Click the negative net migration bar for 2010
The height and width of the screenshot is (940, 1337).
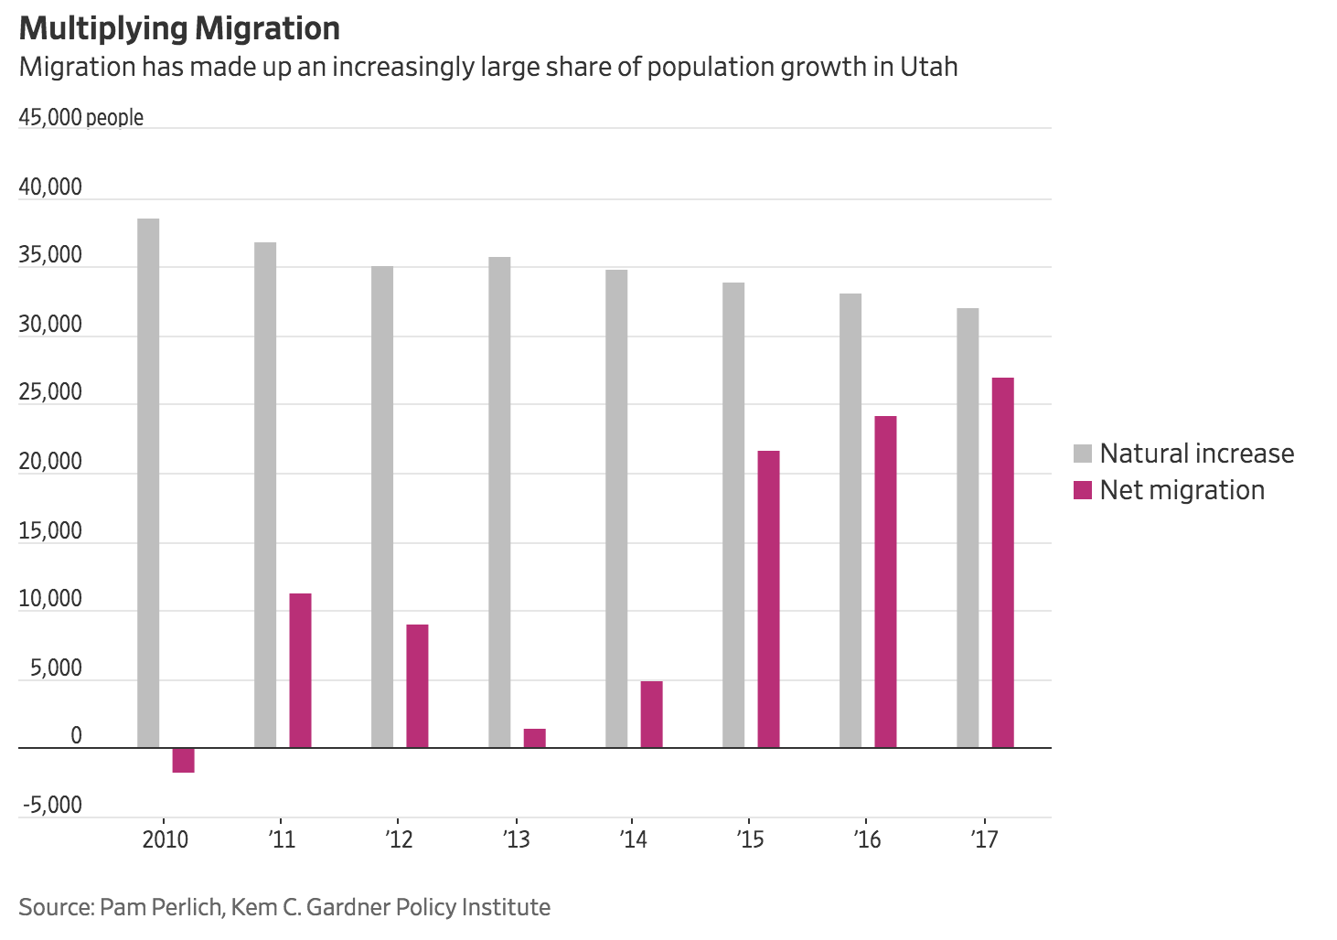point(183,760)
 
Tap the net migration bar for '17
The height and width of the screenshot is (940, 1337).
point(1002,562)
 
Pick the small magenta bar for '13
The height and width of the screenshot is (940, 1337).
point(534,738)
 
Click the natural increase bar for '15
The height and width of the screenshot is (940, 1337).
point(733,515)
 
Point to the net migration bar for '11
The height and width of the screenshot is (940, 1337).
point(300,670)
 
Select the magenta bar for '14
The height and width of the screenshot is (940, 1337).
point(651,714)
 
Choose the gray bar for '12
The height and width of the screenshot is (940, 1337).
point(382,507)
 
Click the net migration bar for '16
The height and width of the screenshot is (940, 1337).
point(885,582)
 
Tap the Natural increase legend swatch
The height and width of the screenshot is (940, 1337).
point(1083,454)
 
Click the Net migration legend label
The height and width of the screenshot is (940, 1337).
point(1182,490)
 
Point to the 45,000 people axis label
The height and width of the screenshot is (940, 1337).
point(80,118)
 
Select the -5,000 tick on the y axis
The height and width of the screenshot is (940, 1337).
point(52,806)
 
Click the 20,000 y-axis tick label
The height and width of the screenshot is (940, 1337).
point(50,462)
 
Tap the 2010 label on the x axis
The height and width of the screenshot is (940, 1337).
point(165,839)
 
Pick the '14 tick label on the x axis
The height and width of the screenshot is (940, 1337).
point(633,839)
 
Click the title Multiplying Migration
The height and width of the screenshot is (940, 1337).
point(179,28)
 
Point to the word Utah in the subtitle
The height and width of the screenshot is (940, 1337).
point(928,68)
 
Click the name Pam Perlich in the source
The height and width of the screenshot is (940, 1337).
point(160,907)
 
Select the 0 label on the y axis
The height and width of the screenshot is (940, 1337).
point(75,736)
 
